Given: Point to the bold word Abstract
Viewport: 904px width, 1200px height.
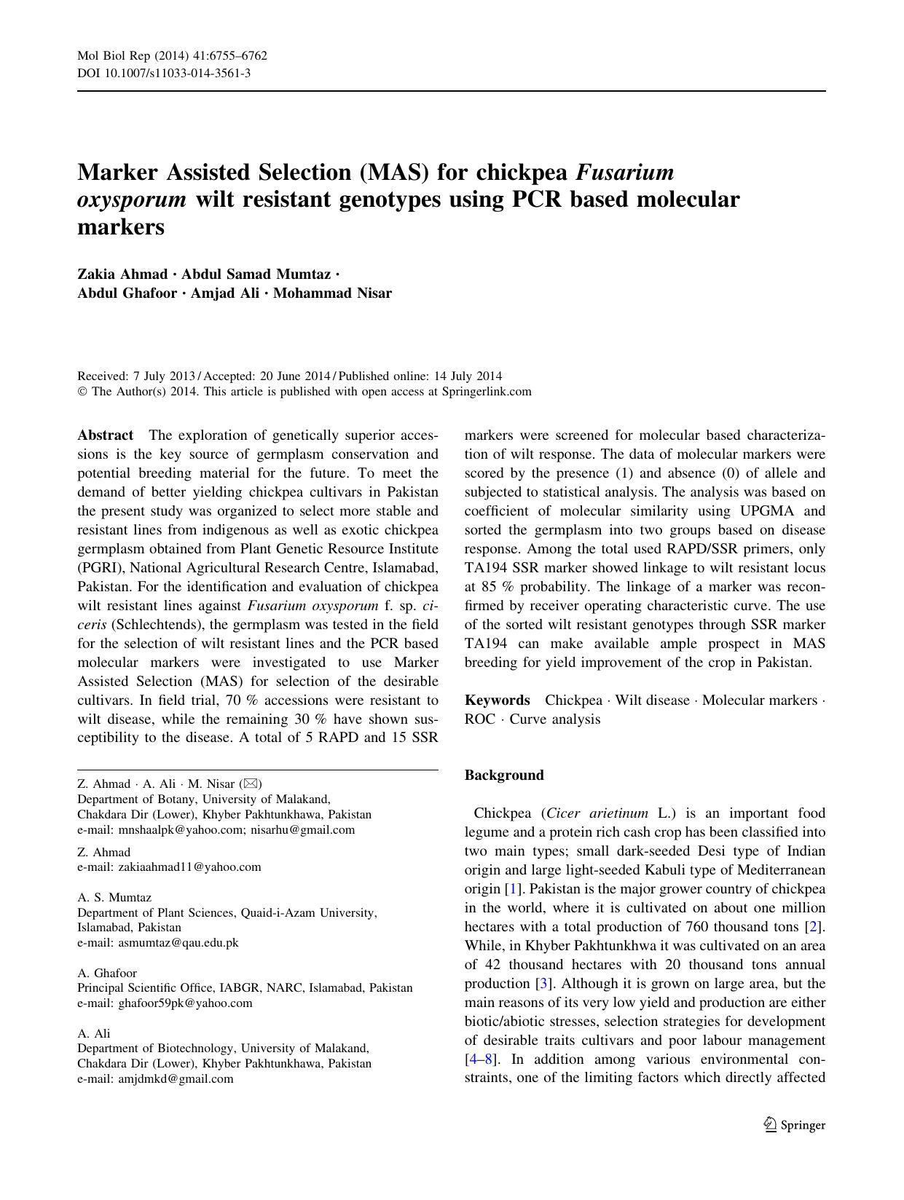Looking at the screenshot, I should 105,435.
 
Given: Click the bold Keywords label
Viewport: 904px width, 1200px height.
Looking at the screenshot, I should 497,700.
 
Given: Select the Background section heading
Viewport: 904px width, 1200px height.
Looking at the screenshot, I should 504,775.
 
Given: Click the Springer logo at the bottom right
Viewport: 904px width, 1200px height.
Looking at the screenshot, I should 795,1125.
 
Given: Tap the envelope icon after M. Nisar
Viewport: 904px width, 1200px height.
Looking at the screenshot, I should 251,784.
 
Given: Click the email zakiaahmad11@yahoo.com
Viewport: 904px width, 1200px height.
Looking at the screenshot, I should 189,867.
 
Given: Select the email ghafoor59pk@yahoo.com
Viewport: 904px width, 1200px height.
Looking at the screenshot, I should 185,1003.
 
